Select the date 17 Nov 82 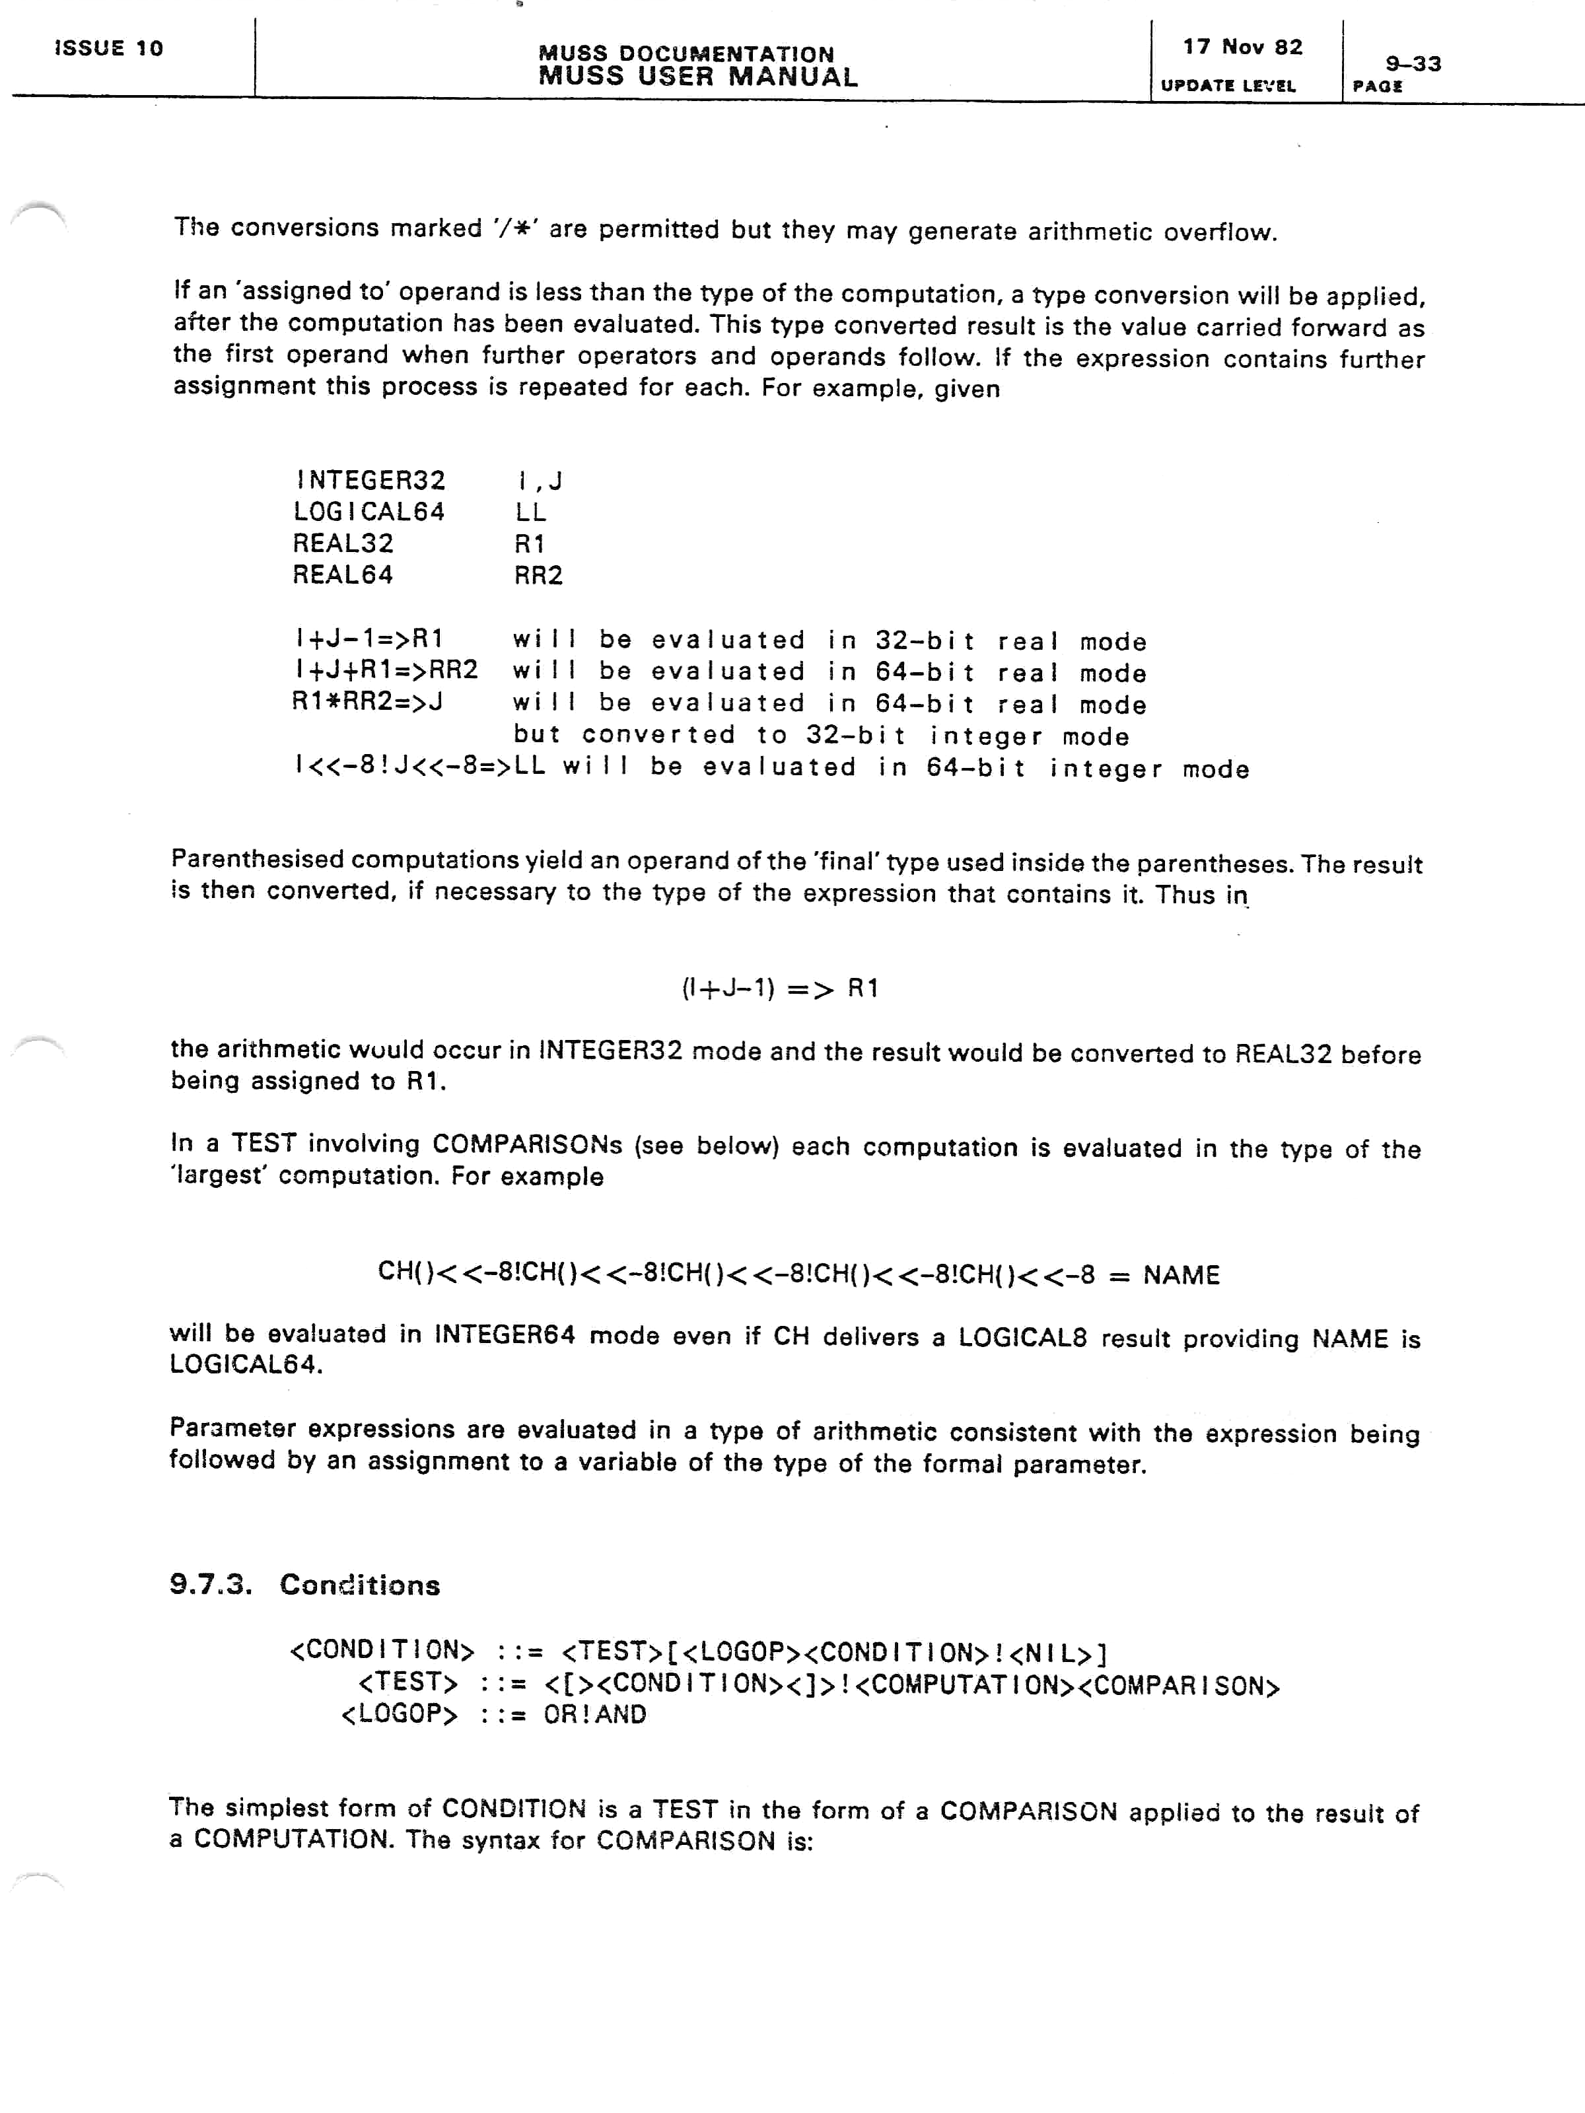click(1242, 47)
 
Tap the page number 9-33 click(1413, 64)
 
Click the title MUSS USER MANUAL click(697, 77)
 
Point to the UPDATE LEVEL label click(1228, 86)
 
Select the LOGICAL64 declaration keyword click(369, 512)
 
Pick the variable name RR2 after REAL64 click(539, 575)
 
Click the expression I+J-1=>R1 click(369, 638)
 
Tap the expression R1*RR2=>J click(367, 702)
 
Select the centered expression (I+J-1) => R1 click(779, 988)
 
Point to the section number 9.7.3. click(210, 1585)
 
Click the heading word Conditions click(360, 1585)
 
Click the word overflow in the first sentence click(1219, 232)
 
